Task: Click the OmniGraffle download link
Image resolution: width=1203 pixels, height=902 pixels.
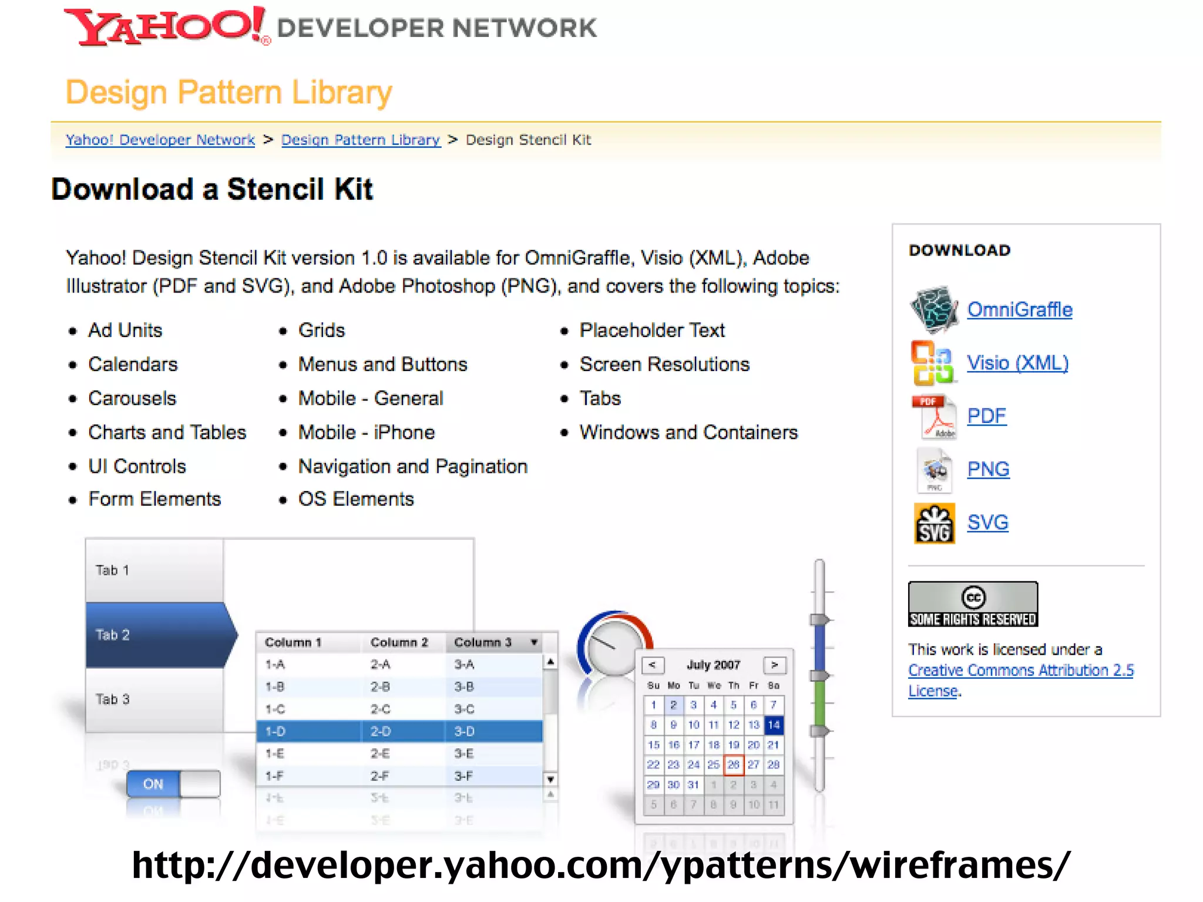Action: [x=1019, y=309]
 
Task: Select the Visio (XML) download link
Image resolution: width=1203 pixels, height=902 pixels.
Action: [x=1017, y=363]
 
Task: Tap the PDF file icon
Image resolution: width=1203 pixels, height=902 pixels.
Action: [x=934, y=416]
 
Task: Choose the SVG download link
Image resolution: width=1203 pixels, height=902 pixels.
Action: [x=987, y=522]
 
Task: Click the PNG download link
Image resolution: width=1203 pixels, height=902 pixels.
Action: [x=988, y=469]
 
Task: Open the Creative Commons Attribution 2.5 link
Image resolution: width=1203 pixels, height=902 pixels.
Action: [x=1020, y=671]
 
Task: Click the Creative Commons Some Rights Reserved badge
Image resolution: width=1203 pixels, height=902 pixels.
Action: [x=973, y=604]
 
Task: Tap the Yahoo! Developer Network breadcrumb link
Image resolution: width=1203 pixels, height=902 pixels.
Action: [x=160, y=140]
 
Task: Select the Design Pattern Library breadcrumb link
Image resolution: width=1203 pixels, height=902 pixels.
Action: [x=361, y=140]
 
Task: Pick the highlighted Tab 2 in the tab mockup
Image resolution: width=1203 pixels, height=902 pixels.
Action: [x=159, y=635]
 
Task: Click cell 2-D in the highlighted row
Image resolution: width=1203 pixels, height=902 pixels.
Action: [x=381, y=732]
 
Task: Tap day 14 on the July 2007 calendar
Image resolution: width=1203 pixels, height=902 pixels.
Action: [x=774, y=725]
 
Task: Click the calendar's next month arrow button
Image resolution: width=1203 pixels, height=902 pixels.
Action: [x=774, y=665]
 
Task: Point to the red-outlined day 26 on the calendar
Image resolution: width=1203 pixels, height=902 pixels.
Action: [x=734, y=765]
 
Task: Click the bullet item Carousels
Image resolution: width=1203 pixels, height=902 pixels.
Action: [x=132, y=398]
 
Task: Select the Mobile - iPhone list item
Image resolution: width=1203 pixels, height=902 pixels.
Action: [x=367, y=432]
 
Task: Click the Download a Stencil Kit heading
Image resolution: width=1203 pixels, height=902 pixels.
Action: [x=212, y=189]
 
